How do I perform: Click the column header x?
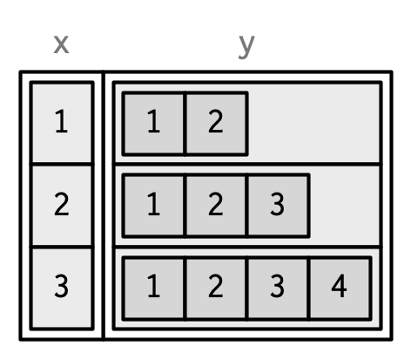pyautogui.click(x=61, y=44)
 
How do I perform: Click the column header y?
pyautogui.click(x=246, y=46)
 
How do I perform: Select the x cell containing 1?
pyautogui.click(x=62, y=123)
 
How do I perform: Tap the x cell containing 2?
pyautogui.click(x=62, y=206)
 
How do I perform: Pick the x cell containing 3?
pyautogui.click(x=62, y=289)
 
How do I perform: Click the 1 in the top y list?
pyautogui.click(x=154, y=123)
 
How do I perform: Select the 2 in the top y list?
pyautogui.click(x=216, y=123)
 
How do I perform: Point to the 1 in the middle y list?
pyautogui.click(x=154, y=206)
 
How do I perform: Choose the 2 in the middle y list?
pyautogui.click(x=216, y=206)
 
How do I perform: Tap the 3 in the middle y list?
pyautogui.click(x=278, y=206)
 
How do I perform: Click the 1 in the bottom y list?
pyautogui.click(x=154, y=289)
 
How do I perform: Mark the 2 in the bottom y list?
pyautogui.click(x=216, y=289)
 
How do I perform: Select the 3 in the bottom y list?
pyautogui.click(x=278, y=289)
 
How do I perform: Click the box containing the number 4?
pyautogui.click(x=340, y=289)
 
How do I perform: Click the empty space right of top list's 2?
pyautogui.click(x=313, y=123)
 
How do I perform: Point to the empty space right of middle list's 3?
pyautogui.click(x=345, y=206)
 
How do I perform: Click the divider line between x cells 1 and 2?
pyautogui.click(x=62, y=165)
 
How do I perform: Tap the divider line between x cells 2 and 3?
pyautogui.click(x=62, y=248)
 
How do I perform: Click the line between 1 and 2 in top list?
pyautogui.click(x=185, y=123)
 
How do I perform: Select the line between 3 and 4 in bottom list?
pyautogui.click(x=309, y=289)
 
